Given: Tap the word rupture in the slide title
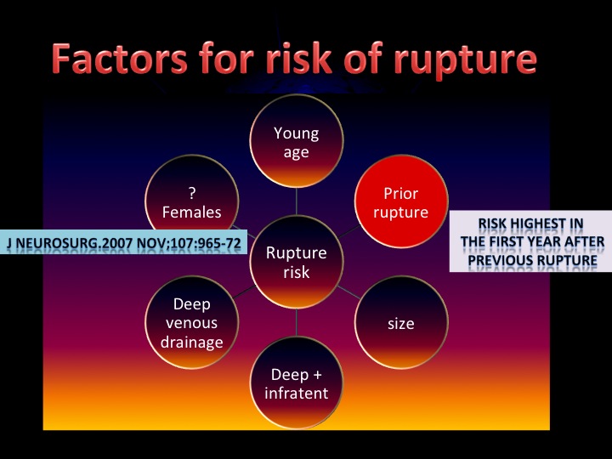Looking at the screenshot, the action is tap(465, 62).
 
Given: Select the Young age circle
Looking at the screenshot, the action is tap(297, 141).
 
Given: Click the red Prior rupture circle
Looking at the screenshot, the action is tap(401, 201).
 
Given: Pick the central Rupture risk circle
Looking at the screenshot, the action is tap(297, 262).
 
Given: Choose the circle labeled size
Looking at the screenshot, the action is tap(401, 322).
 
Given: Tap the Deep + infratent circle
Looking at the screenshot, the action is tap(297, 382).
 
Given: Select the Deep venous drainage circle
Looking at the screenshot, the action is tap(191, 322).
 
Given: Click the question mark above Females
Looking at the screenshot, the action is tap(191, 193).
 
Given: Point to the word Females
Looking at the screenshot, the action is tap(191, 212).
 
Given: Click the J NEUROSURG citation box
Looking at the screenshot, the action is tap(123, 242).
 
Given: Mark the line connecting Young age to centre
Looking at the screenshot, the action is tap(297, 201).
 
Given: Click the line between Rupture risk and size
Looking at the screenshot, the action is tap(349, 292).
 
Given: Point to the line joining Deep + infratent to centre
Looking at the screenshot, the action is tap(297, 322).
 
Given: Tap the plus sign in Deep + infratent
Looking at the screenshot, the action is tap(317, 375).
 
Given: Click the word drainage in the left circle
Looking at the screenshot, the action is tap(191, 343).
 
